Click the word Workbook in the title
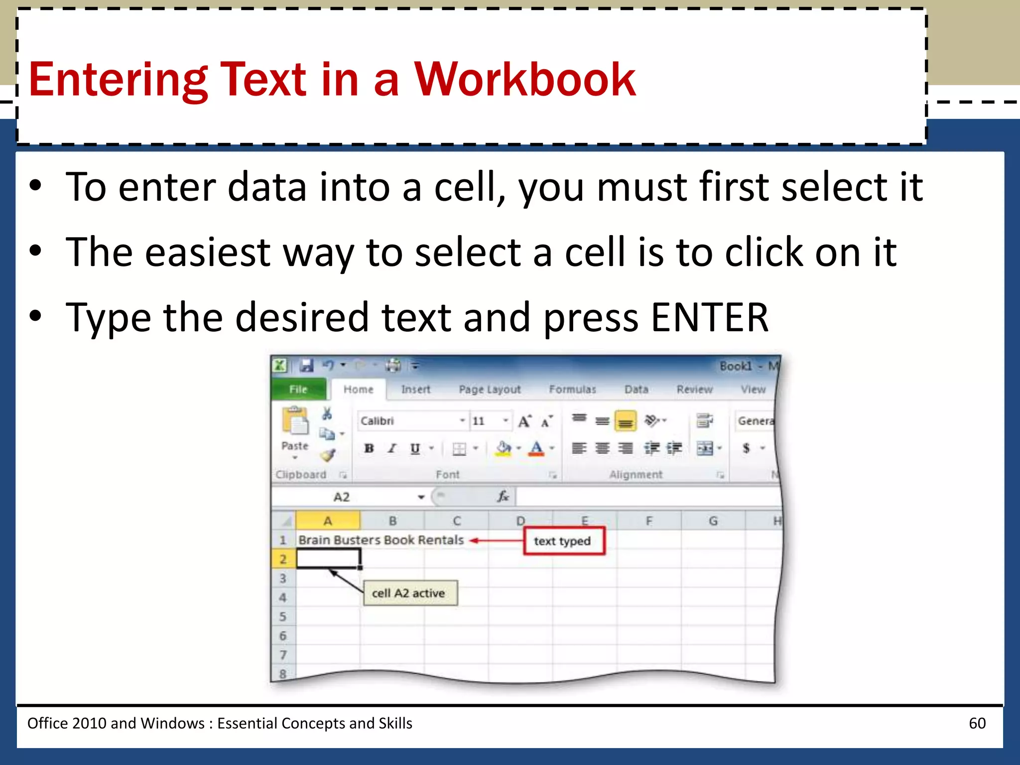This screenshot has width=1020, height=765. pos(525,80)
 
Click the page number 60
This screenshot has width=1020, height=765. pos(977,723)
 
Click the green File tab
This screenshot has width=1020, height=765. pos(298,389)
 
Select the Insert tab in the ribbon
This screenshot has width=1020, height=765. pos(415,389)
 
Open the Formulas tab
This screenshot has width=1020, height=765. pos(572,389)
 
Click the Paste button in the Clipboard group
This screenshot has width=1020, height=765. pos(295,431)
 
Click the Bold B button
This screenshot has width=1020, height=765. pos(369,448)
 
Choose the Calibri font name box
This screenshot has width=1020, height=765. pos(408,421)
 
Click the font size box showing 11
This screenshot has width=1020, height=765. pos(486,421)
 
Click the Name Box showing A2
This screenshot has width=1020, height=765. pos(349,497)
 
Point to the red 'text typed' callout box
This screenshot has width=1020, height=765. pos(563,541)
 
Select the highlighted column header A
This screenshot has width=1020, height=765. pos(328,521)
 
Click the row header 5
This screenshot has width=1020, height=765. pos(283,617)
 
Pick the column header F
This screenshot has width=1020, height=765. pos(649,521)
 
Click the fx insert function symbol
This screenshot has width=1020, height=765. pos(503,497)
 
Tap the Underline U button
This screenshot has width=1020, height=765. pos(415,448)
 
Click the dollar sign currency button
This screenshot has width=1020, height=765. pos(746,448)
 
